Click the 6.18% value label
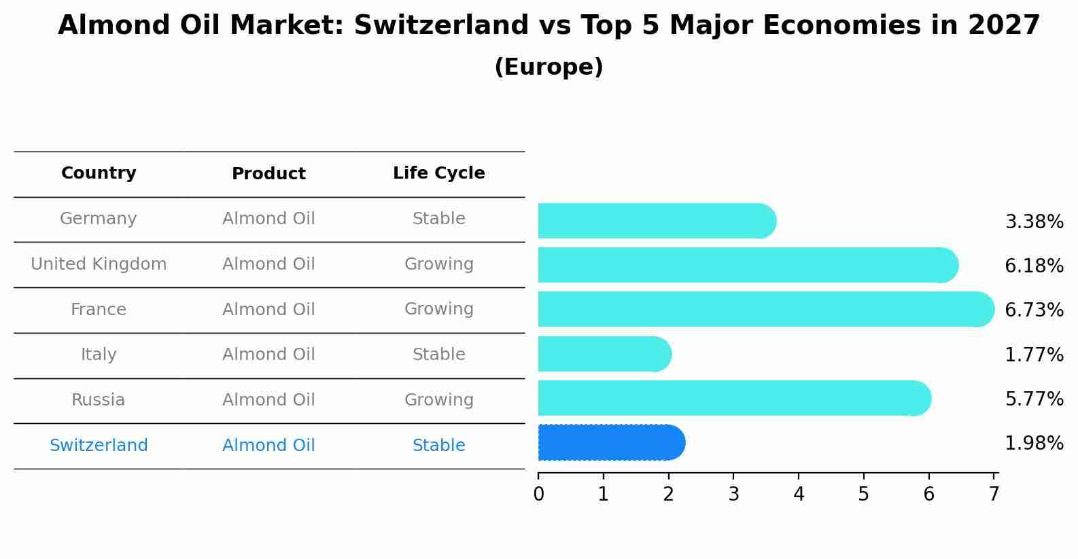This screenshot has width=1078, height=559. click(x=1034, y=266)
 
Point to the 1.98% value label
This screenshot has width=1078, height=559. click(x=1034, y=444)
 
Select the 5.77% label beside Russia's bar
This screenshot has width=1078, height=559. click(x=1034, y=399)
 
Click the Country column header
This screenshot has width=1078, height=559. click(x=99, y=173)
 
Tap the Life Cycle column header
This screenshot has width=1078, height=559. click(x=438, y=173)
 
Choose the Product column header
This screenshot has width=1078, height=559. click(x=268, y=174)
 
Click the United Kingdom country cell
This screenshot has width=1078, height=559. click(x=99, y=264)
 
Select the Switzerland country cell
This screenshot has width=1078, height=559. click(x=99, y=446)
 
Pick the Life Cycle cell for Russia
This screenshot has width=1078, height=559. click(x=438, y=400)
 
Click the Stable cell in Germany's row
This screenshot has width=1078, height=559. click(x=438, y=219)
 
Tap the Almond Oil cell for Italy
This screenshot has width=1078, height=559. click(x=268, y=355)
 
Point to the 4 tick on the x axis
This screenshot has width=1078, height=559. click(x=799, y=494)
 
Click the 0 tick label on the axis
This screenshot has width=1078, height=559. click(x=538, y=494)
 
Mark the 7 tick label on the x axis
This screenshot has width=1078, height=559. click(x=994, y=494)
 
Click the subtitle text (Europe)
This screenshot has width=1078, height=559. click(x=549, y=67)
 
